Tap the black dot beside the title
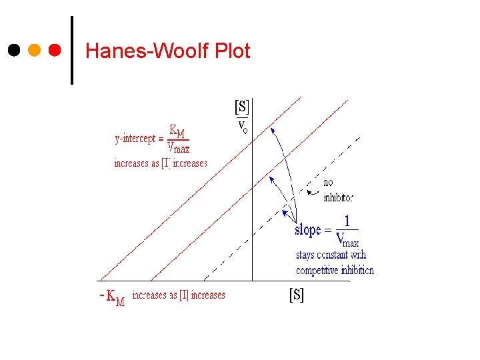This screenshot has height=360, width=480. (x=14, y=50)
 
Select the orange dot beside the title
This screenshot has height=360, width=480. (x=35, y=50)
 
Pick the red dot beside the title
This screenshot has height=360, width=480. (x=55, y=50)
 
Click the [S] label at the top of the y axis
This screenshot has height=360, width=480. (x=241, y=107)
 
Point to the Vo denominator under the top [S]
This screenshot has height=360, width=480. (x=243, y=126)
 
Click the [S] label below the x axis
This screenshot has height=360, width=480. (x=296, y=295)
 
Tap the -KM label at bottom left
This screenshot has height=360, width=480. (x=111, y=297)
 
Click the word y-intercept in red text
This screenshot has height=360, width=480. (x=135, y=139)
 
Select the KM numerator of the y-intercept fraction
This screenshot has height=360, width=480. (x=177, y=130)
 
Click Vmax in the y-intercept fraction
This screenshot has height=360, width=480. (x=178, y=147)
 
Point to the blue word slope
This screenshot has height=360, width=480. (x=307, y=230)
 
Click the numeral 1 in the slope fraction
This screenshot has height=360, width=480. (x=347, y=221)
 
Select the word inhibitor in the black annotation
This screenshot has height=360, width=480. (x=338, y=197)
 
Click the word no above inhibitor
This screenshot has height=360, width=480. (x=328, y=183)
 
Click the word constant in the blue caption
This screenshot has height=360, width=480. (x=331, y=255)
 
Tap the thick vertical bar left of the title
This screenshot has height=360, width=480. (x=72, y=50)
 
